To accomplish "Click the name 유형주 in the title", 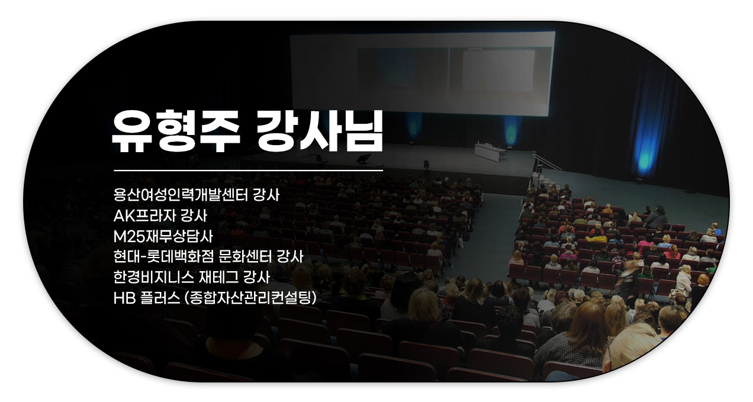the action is (176, 131).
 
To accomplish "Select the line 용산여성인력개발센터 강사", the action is (197, 195).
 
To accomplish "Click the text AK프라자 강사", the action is (160, 216).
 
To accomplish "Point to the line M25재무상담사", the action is (163, 236).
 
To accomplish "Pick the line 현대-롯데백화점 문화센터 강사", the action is (208, 257).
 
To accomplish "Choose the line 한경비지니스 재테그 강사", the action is (192, 278).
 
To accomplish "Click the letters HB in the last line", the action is (124, 298).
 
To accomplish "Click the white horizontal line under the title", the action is (249, 171).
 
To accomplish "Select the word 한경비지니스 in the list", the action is (154, 278).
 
